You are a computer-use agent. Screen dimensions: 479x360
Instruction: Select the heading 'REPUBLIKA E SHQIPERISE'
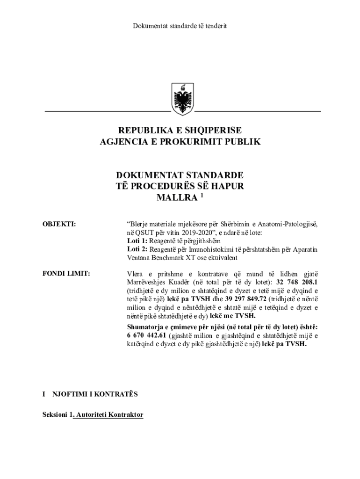(180, 131)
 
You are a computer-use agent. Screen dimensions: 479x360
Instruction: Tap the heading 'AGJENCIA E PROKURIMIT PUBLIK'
(180, 142)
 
